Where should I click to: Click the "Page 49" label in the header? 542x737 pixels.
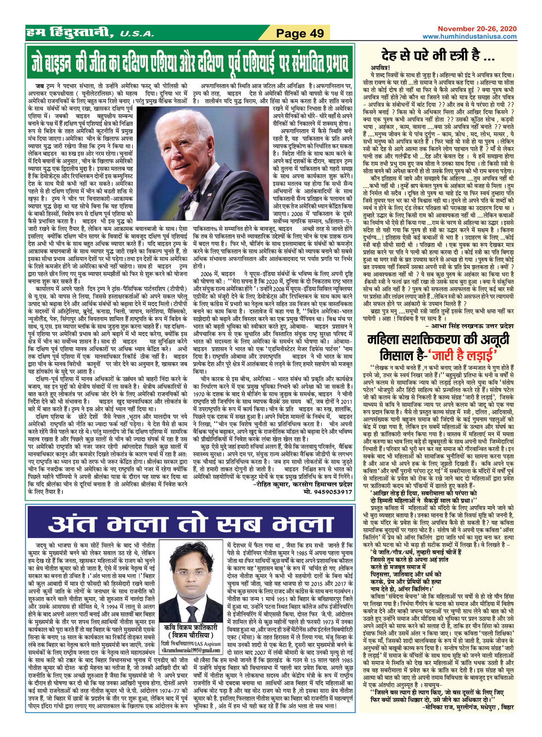point(299,34)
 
